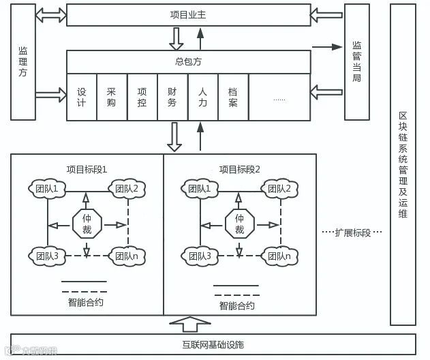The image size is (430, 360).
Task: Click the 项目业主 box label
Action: point(187,14)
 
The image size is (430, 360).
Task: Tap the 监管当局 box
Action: point(356,61)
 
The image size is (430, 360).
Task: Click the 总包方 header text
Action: point(188,61)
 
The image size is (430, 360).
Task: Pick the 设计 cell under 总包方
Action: point(82,97)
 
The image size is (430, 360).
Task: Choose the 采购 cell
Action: point(112,97)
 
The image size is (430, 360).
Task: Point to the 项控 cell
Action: point(142,97)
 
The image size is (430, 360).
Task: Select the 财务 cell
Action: point(172,97)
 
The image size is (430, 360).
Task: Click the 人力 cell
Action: point(202,97)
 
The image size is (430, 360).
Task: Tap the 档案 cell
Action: point(233,97)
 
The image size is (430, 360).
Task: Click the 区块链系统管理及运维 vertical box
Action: point(402,164)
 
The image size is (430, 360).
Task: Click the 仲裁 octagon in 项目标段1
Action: point(87,222)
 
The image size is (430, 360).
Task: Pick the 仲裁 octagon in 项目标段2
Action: point(239,222)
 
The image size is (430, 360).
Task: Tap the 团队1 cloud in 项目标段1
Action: point(48,188)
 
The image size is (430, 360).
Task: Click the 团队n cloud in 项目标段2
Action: point(279,256)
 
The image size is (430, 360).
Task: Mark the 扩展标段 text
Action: point(352,232)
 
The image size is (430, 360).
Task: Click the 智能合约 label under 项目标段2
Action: point(236,305)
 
